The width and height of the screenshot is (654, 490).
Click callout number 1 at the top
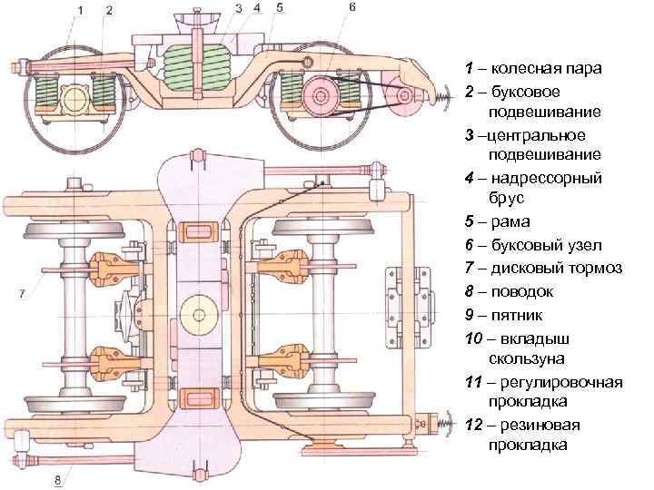(x=80, y=10)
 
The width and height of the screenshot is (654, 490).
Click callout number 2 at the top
(x=109, y=10)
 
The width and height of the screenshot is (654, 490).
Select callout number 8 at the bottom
(x=59, y=479)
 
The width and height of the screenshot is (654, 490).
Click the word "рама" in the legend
(x=511, y=222)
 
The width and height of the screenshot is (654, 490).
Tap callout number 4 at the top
(x=257, y=7)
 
